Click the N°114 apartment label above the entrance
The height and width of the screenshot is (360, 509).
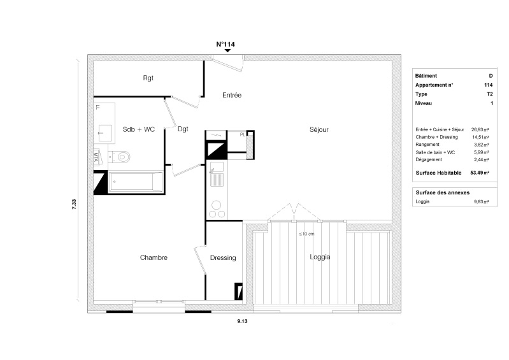point(226,44)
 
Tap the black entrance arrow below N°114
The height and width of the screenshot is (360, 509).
point(227,50)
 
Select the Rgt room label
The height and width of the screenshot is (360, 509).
point(148,78)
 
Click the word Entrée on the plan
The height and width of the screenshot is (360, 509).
point(232,95)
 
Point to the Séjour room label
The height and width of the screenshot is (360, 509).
point(319,130)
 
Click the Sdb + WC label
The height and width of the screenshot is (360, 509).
point(139,129)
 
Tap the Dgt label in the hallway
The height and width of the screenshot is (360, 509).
point(183,129)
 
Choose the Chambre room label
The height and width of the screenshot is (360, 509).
point(154,257)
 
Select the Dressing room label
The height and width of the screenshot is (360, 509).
point(223,258)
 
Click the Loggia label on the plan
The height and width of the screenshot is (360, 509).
point(320,257)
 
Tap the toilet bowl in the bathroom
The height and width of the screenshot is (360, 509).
point(122,157)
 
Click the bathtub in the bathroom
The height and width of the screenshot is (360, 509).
point(136,182)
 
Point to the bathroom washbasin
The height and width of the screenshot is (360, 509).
point(105,133)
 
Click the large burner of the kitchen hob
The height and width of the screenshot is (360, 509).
point(216,205)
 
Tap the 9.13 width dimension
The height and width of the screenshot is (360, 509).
point(242,321)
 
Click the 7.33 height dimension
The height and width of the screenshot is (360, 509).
point(74,204)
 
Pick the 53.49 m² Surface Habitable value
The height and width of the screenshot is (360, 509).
point(480,173)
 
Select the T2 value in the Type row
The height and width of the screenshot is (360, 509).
point(490,94)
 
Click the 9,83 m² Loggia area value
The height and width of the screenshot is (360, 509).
point(482,201)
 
